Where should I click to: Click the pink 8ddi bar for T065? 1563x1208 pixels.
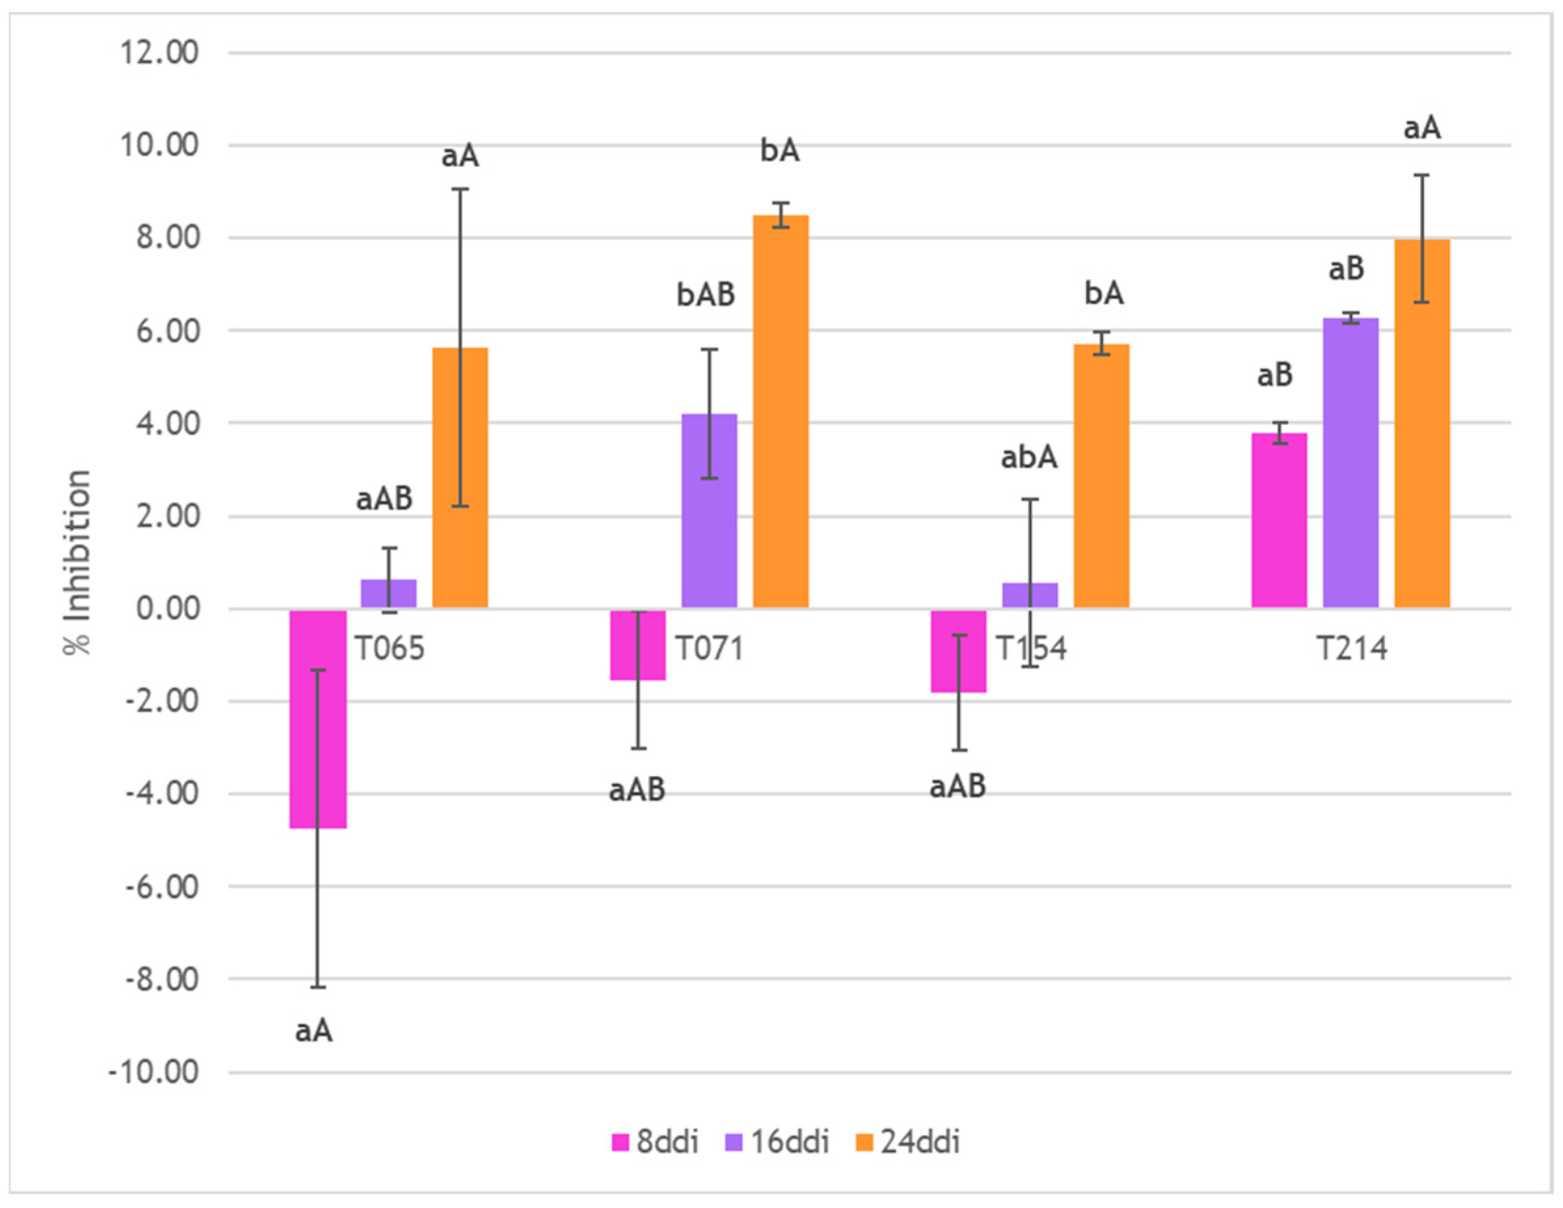point(318,719)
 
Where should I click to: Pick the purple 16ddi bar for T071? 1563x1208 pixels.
point(709,511)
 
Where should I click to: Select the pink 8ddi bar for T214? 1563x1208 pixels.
point(1279,520)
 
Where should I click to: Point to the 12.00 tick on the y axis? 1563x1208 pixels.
point(159,53)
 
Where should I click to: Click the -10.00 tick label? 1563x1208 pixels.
point(153,1072)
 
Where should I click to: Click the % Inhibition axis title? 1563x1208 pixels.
point(77,563)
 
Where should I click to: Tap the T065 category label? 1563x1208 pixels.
point(390,649)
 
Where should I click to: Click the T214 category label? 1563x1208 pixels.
point(1352,649)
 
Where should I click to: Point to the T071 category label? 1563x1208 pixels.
point(710,649)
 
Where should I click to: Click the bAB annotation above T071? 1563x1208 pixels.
point(706,295)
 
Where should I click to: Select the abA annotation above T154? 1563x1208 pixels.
point(1028,457)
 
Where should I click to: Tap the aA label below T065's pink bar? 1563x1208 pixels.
point(314,1031)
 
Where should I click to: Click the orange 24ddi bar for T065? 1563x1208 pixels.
point(460,478)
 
